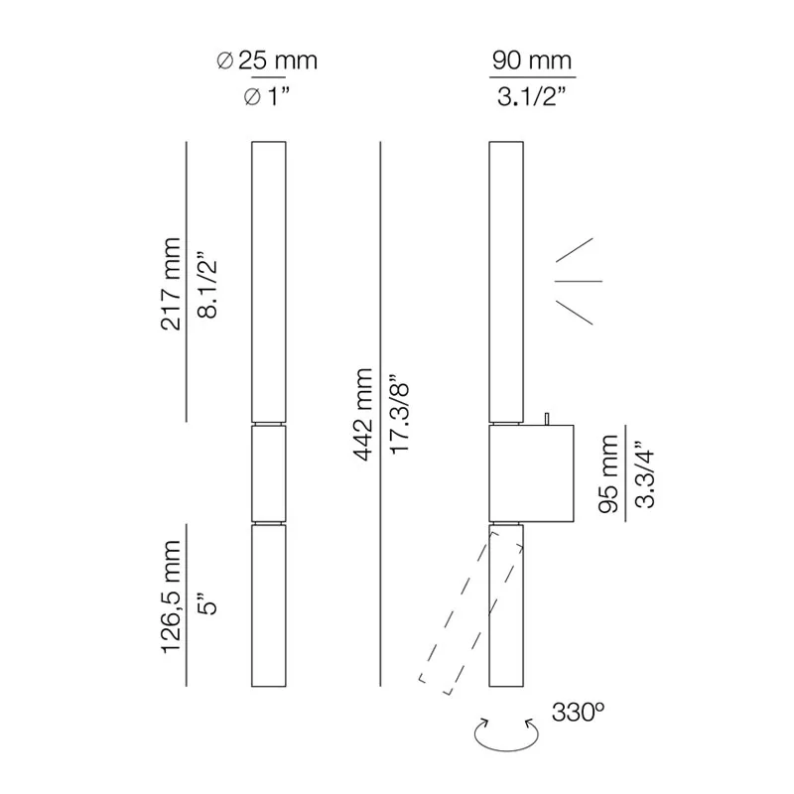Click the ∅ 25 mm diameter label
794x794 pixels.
point(267,62)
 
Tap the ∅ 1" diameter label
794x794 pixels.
point(267,97)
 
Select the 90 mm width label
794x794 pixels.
point(533,62)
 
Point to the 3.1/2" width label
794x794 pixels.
point(533,97)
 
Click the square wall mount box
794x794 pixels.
point(532,473)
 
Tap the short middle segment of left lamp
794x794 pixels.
point(268,472)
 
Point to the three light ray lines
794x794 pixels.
point(578,281)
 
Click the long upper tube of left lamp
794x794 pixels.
point(268,283)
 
